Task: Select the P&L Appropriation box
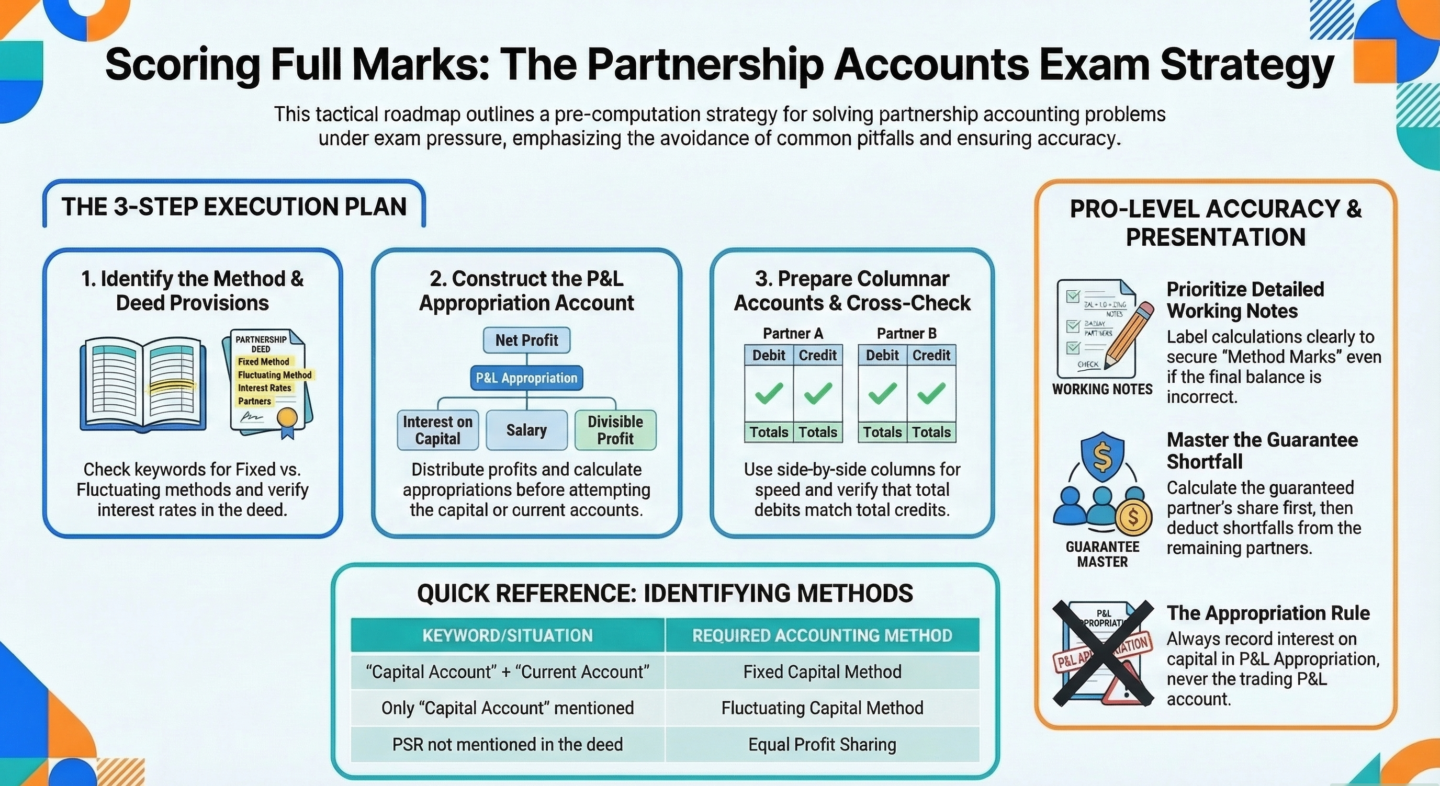[x=526, y=378]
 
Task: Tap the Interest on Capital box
[x=437, y=430]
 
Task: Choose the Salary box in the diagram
[x=526, y=430]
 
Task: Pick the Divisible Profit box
[x=615, y=430]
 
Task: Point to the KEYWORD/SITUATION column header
[x=508, y=635]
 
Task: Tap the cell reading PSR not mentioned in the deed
[x=508, y=744]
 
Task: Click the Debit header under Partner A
[x=769, y=355]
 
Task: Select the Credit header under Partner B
[x=931, y=355]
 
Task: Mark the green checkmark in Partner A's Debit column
[x=769, y=393]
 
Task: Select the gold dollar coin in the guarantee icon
[x=1133, y=517]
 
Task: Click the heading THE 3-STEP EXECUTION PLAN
[x=234, y=207]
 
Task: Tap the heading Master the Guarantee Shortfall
[x=1262, y=451]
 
